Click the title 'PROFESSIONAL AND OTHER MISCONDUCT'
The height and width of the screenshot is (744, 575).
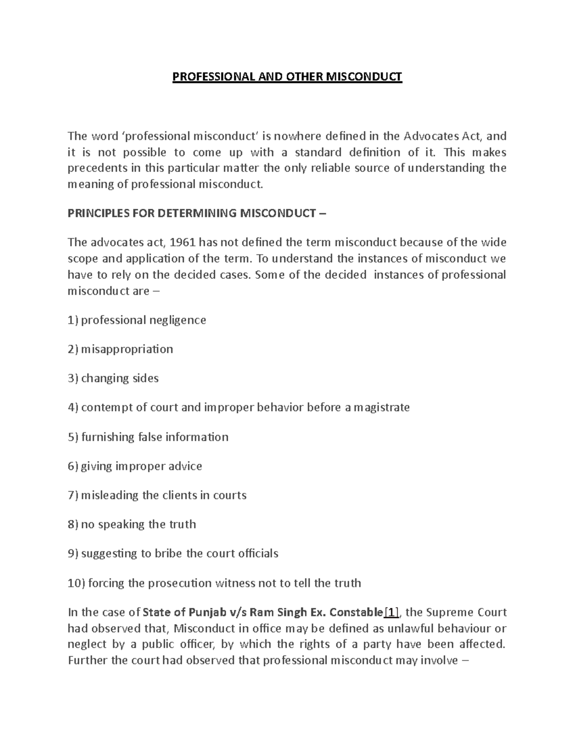287,77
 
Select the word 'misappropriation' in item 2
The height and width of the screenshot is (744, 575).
127,349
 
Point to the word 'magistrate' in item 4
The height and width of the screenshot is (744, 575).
381,408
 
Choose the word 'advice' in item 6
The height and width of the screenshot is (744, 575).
184,466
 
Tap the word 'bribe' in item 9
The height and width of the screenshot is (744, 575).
168,554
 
